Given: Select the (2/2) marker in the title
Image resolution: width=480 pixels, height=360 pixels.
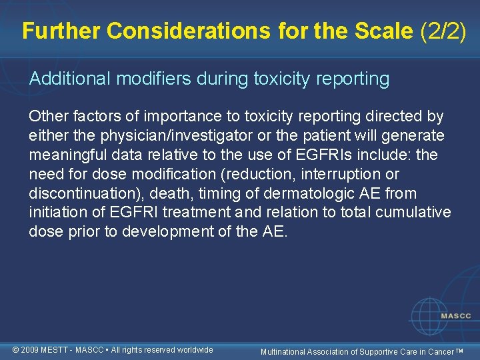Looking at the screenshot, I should pos(443,31).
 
